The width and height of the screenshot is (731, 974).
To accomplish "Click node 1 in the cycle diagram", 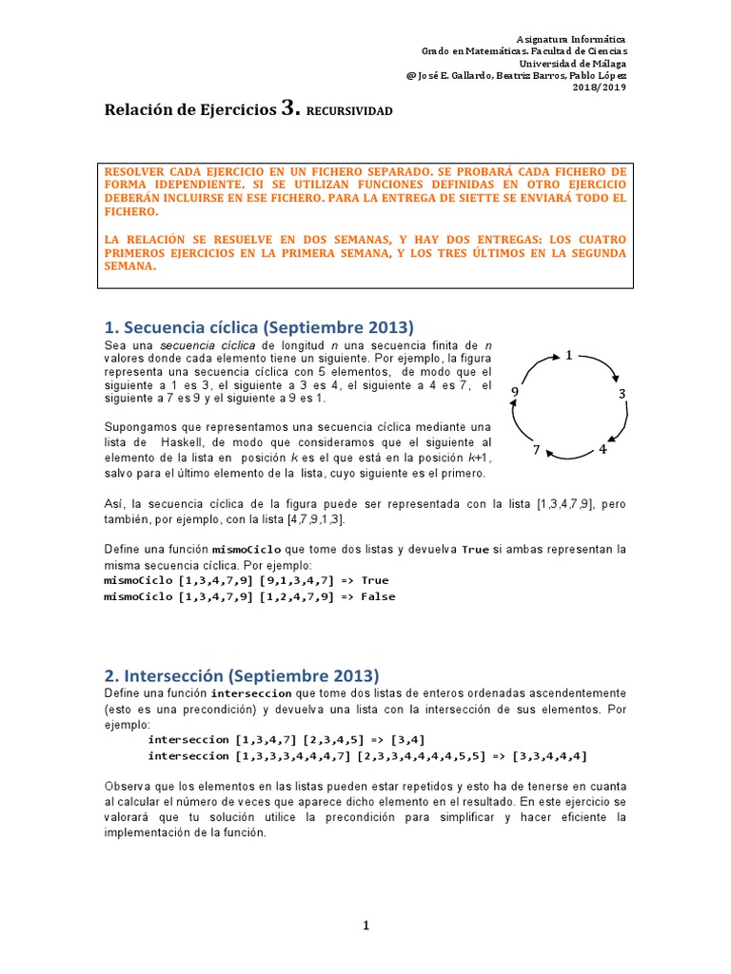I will click(x=568, y=356).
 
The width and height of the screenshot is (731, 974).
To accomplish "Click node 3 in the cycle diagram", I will click(x=622, y=394).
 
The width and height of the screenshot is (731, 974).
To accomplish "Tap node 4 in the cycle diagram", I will click(x=603, y=449).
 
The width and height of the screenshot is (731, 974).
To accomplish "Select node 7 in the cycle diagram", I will click(x=537, y=450).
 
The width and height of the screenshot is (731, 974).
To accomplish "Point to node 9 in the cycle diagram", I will click(x=515, y=392).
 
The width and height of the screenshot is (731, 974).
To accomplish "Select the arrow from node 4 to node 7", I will click(x=570, y=457).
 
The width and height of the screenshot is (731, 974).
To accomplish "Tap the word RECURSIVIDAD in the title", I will click(x=349, y=111).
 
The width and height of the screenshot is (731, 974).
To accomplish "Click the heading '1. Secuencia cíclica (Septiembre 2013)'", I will click(x=260, y=328).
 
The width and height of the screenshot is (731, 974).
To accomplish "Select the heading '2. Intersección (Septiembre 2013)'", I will click(x=242, y=675).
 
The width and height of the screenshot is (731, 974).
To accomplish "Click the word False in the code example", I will click(x=378, y=596).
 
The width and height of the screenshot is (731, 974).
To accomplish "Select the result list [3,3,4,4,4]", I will click(x=549, y=755).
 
